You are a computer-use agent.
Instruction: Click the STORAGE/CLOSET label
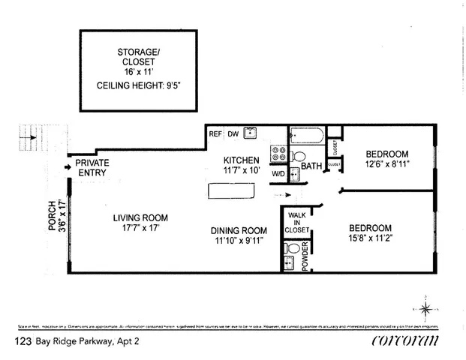coord(138,57)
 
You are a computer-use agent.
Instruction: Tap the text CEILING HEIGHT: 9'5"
coord(138,85)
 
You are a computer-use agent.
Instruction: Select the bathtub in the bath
coord(307,136)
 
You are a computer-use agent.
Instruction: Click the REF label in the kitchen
coord(215,134)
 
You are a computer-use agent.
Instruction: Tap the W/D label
coord(278,175)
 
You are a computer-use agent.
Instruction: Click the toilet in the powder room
coord(293,247)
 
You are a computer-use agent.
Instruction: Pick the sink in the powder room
coord(290,262)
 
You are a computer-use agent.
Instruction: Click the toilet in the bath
coord(299,157)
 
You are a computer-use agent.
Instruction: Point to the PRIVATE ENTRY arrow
coord(68,162)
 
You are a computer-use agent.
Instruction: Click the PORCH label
coord(53,217)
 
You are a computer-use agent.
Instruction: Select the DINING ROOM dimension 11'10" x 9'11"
coord(239,241)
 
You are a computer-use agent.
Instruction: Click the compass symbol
coord(425,308)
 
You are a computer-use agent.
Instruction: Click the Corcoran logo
coord(405,340)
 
